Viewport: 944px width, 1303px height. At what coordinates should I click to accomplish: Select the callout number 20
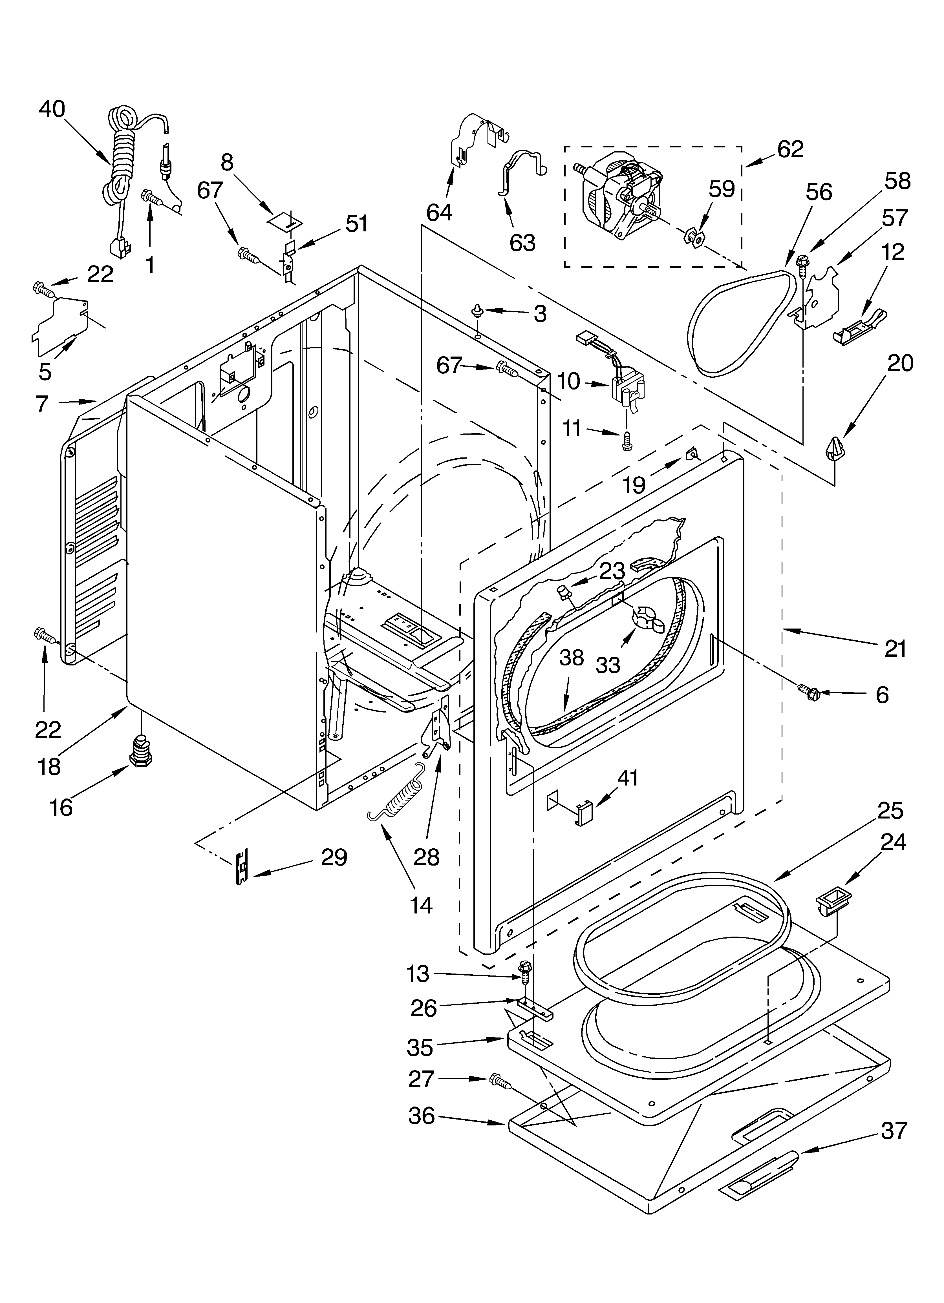pos(900,363)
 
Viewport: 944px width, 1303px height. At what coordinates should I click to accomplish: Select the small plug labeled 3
pos(477,312)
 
